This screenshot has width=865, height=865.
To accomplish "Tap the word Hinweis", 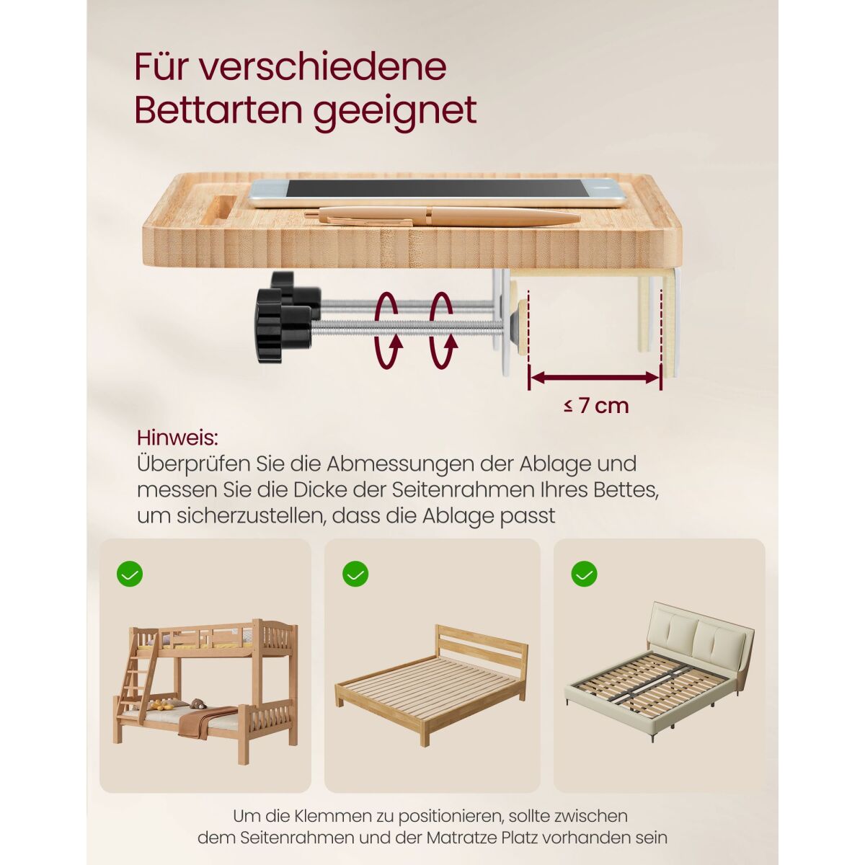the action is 177,438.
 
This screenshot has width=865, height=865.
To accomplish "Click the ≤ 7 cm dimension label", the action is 596,406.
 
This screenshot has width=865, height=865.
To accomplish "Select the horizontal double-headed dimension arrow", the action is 595,378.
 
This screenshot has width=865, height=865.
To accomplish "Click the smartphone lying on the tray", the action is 438,193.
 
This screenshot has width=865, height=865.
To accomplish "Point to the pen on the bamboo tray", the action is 442,217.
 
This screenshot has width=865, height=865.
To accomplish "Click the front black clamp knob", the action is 284,325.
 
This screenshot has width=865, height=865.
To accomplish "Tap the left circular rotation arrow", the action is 386,330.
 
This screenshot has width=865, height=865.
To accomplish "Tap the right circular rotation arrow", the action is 443,330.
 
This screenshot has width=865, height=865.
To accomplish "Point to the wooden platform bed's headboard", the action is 482,649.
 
